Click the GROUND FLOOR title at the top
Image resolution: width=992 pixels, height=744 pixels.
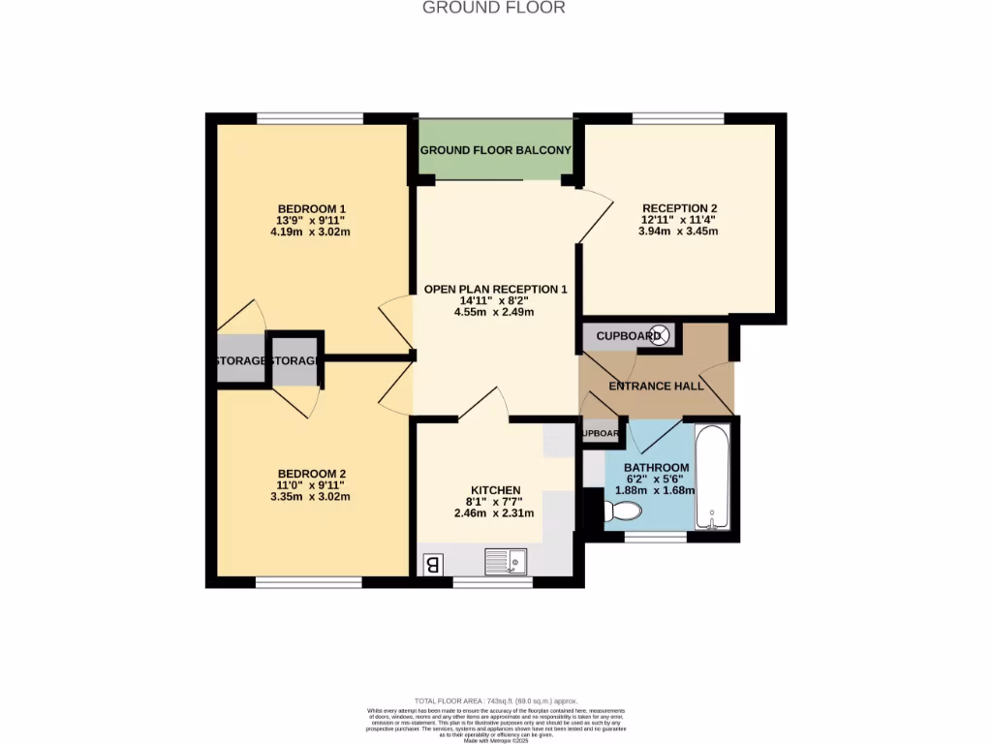click(x=494, y=8)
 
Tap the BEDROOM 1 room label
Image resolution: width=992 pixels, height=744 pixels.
click(x=311, y=209)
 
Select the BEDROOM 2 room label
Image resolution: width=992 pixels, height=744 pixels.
click(x=311, y=474)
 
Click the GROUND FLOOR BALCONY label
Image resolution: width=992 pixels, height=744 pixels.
click(x=495, y=150)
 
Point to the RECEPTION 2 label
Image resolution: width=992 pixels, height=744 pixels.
click(x=679, y=208)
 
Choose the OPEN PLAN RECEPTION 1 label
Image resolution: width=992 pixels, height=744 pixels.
click(x=495, y=290)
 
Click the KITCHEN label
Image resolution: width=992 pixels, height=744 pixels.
click(x=495, y=490)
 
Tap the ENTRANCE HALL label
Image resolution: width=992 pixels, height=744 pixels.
click(x=654, y=386)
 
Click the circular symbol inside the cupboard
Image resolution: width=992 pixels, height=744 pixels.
click(x=659, y=336)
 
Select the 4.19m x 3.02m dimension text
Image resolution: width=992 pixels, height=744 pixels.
click(x=311, y=232)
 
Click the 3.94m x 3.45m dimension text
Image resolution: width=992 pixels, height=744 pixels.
click(x=679, y=232)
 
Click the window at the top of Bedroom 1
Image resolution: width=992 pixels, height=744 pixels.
click(x=310, y=118)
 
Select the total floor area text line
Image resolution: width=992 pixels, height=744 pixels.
click(x=495, y=700)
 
